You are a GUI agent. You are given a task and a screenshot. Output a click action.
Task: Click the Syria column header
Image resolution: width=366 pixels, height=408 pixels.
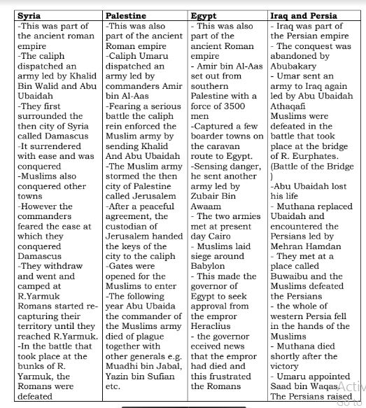[29, 15]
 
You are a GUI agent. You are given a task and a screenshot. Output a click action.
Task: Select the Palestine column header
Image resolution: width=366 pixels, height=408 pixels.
[127, 15]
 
